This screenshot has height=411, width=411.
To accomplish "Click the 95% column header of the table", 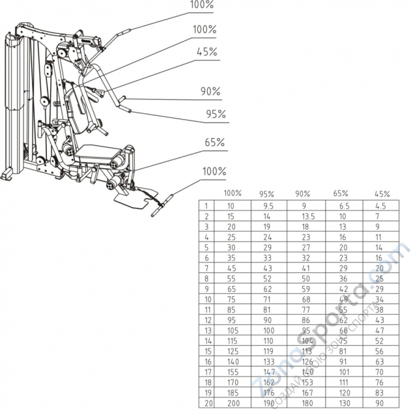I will (268, 193).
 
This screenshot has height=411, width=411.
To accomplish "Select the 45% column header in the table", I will (382, 193).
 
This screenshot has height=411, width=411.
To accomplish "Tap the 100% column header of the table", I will (233, 193).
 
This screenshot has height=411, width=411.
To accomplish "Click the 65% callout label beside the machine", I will (215, 142).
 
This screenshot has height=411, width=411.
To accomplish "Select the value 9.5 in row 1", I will (267, 205).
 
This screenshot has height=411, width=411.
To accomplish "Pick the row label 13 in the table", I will (206, 332).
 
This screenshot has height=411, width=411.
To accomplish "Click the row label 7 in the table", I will (206, 268).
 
